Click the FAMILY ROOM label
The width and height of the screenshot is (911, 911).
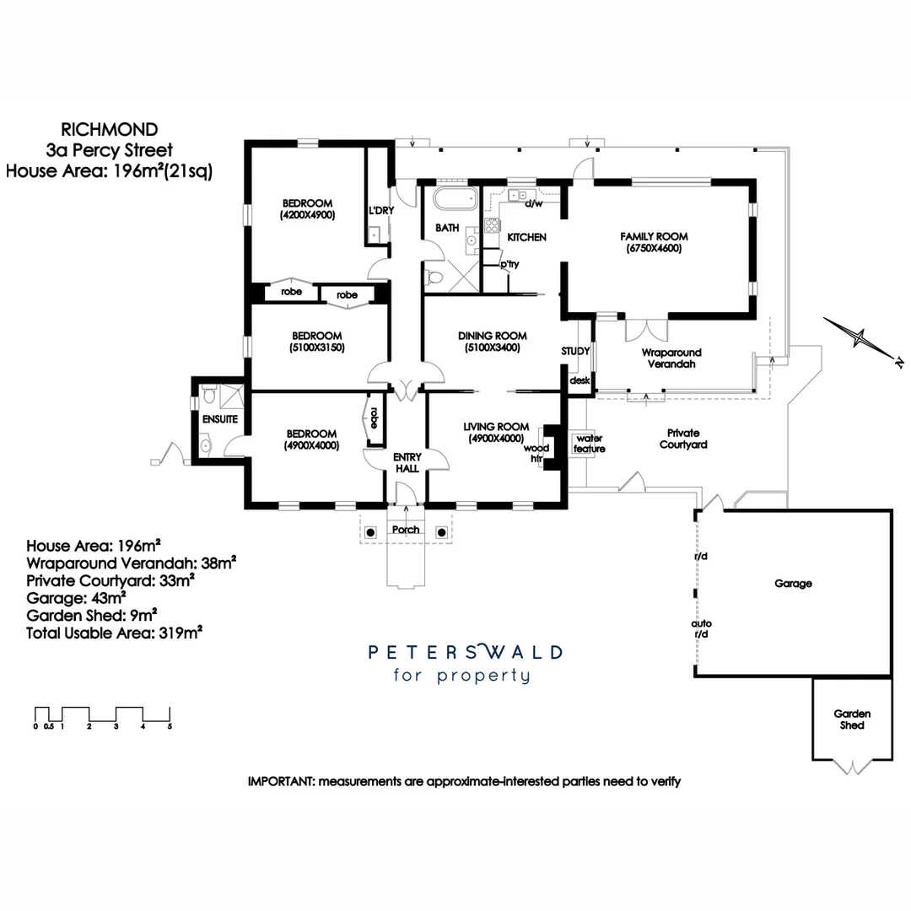tap(654, 237)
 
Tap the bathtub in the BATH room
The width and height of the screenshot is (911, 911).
tap(455, 202)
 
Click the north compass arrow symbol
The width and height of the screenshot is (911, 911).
tap(860, 339)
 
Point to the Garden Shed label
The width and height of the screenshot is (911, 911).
tap(852, 719)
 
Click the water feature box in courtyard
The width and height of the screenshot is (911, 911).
tap(590, 444)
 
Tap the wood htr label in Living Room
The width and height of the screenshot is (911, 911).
tap(536, 454)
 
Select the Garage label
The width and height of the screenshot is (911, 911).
tap(793, 584)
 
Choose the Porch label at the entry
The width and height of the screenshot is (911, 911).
tap(405, 530)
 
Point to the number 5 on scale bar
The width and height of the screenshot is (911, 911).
tap(170, 725)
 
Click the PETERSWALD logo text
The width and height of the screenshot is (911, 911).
tap(466, 652)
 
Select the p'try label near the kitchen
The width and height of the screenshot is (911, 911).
tap(509, 264)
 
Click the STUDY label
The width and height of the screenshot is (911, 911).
tap(576, 351)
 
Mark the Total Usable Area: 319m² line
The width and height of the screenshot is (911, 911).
tap(114, 632)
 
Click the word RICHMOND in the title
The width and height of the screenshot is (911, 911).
tap(110, 130)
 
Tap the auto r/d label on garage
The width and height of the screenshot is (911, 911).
tap(702, 628)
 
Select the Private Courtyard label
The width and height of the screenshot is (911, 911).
tap(683, 438)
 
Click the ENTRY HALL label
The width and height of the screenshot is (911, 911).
tap(407, 462)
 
